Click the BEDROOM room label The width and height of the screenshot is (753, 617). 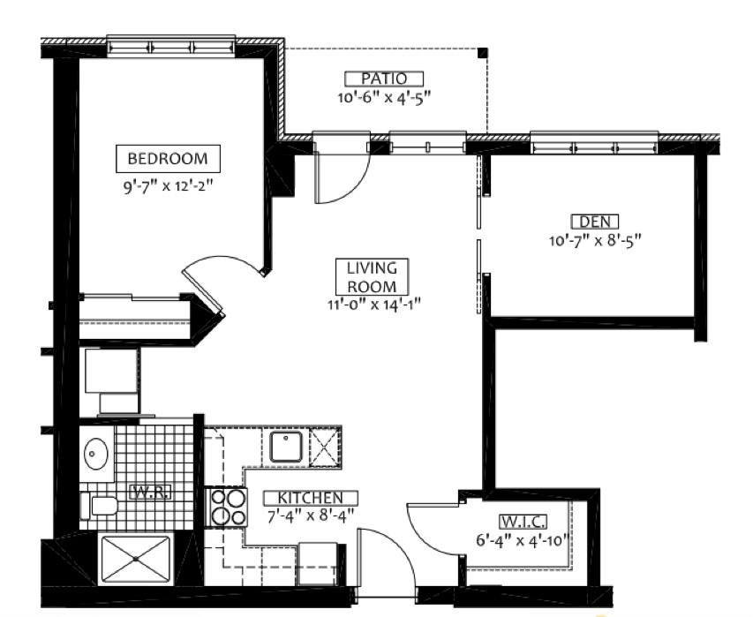click(168, 159)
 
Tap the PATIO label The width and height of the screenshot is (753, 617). click(384, 79)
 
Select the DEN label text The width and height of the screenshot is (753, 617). click(595, 222)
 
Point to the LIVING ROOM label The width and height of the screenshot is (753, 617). click(372, 277)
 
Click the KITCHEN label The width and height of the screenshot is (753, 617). click(311, 498)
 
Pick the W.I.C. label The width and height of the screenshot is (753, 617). click(523, 522)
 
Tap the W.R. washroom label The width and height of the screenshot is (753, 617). click(150, 493)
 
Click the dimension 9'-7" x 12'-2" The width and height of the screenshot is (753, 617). click(168, 186)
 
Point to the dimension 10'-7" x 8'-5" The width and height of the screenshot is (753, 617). click(595, 239)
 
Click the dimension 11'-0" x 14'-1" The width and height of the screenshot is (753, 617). click(374, 305)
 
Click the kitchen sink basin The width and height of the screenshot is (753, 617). click(286, 447)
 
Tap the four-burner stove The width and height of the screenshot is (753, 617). click(226, 507)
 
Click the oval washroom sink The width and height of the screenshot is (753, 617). click(96, 454)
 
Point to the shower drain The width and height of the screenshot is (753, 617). click(136, 559)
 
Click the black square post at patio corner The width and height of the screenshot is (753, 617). click(483, 53)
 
